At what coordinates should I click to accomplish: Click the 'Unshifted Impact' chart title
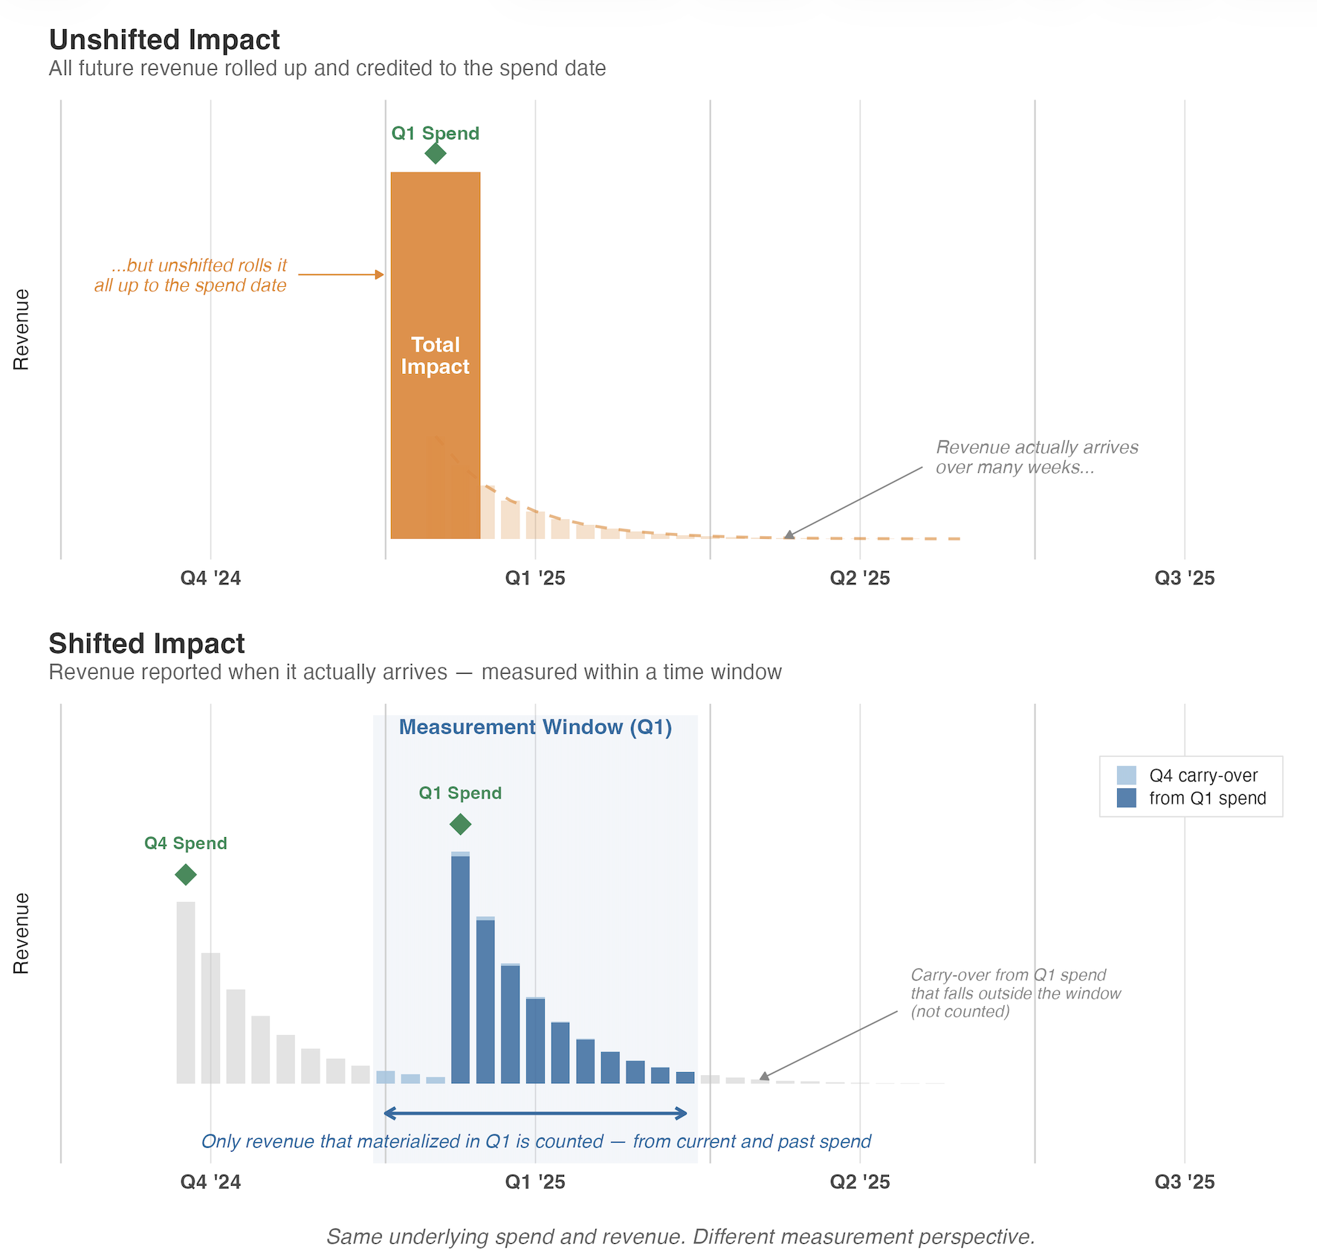coord(164,39)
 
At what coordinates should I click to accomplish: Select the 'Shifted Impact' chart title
coord(146,643)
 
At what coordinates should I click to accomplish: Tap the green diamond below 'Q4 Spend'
coord(186,874)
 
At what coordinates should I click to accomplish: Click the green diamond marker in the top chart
coord(436,153)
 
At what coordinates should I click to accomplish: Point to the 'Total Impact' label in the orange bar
coord(436,355)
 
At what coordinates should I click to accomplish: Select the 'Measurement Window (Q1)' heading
coord(535,727)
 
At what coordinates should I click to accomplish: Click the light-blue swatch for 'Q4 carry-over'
coord(1126,775)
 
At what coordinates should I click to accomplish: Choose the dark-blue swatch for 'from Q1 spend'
coord(1126,798)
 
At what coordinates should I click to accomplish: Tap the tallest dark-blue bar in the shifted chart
coord(461,967)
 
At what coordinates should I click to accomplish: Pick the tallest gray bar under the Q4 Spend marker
coord(186,993)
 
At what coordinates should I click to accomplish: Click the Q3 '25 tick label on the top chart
coord(1184,578)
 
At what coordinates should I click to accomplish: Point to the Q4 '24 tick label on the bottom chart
coord(210,1181)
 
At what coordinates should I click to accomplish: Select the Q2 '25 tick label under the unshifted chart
coord(859,578)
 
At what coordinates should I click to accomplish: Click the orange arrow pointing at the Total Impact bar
coord(340,274)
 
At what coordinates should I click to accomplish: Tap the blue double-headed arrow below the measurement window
coord(535,1113)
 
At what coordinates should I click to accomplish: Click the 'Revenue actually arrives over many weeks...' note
coord(1036,457)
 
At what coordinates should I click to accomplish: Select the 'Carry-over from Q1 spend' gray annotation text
coord(1015,993)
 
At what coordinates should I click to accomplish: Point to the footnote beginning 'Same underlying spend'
coord(680,1236)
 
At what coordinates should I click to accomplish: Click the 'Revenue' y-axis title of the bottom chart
coord(22,933)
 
